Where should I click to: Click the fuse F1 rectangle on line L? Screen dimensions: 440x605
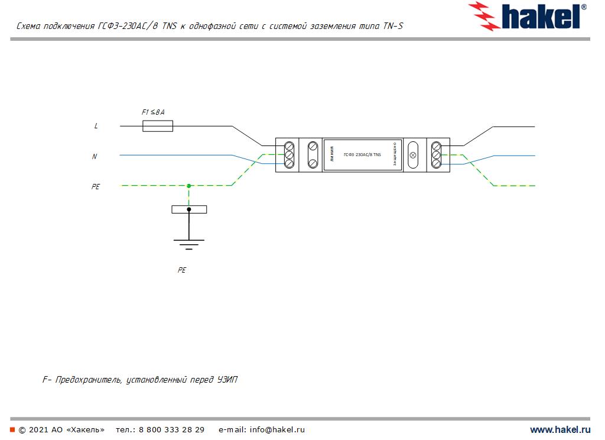click(x=158, y=125)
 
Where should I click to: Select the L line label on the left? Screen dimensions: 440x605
click(x=96, y=126)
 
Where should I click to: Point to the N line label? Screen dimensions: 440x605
click(x=95, y=157)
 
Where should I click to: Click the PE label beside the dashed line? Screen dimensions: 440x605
click(x=96, y=186)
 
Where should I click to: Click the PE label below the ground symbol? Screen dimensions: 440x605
click(x=182, y=270)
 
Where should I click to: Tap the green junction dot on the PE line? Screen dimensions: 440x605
click(x=189, y=186)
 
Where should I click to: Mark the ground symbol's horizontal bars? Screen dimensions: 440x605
click(x=189, y=242)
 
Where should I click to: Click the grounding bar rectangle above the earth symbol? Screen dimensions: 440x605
click(x=189, y=209)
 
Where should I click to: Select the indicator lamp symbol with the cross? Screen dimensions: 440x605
click(x=413, y=156)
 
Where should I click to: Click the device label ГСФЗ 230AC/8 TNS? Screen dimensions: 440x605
click(x=362, y=155)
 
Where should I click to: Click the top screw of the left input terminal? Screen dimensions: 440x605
click(x=290, y=146)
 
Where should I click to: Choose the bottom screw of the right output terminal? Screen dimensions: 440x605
click(x=436, y=163)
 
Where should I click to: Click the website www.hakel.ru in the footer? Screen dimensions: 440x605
click(x=560, y=430)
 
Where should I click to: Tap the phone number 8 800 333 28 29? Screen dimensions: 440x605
click(x=171, y=430)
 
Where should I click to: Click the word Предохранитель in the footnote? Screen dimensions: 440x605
click(x=89, y=380)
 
